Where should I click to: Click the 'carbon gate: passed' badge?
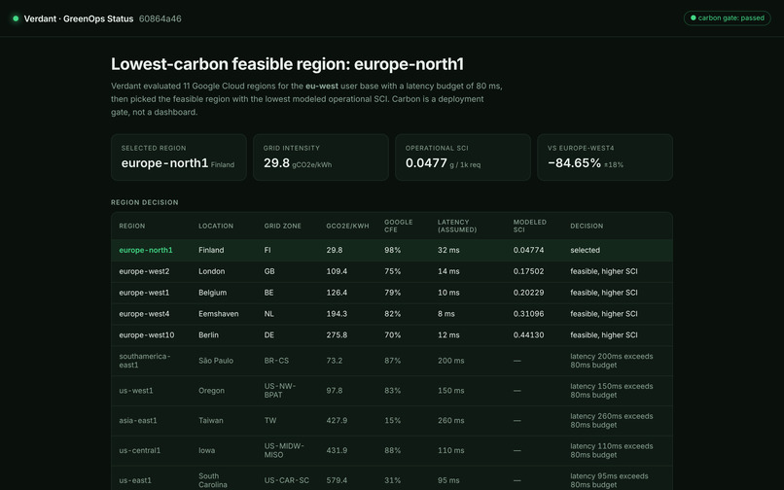coord(727,18)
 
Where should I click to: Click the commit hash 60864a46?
coord(160,19)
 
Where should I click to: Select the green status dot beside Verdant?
coord(16,18)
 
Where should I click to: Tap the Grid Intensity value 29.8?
coord(276,163)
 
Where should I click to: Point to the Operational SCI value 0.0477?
coord(426,163)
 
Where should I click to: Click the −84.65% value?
coord(574,163)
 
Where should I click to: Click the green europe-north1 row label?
coord(146,250)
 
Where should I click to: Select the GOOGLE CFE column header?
coord(399,226)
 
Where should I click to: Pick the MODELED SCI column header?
coord(529,226)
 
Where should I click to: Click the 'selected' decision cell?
coord(585,250)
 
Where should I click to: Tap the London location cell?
coord(211,271)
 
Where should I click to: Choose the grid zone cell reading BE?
coord(268,293)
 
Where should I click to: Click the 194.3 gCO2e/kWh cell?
coord(337,314)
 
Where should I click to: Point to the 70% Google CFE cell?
coord(393,335)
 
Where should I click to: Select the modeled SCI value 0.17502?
coord(528,271)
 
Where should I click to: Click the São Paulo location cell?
coord(216,361)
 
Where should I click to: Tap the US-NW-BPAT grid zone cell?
coord(280,391)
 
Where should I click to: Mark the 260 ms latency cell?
coord(451,421)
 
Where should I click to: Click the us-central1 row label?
coord(139,450)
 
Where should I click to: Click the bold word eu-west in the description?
coord(322,86)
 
